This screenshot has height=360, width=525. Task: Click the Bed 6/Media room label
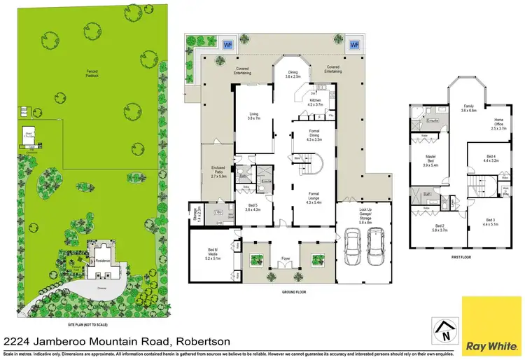(212, 254)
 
